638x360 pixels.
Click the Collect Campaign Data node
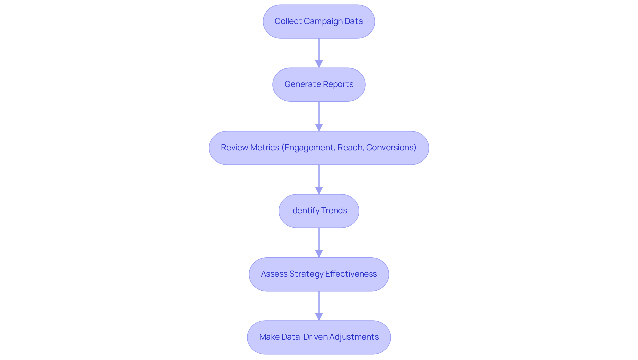pyautogui.click(x=319, y=21)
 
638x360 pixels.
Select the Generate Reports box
pyautogui.click(x=319, y=84)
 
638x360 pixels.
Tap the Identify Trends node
pyautogui.click(x=319, y=211)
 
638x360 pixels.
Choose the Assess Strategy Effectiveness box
pyautogui.click(x=319, y=274)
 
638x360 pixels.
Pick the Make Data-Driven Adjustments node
pyautogui.click(x=319, y=337)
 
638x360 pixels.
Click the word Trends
pyautogui.click(x=334, y=211)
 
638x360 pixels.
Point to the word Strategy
pyautogui.click(x=306, y=274)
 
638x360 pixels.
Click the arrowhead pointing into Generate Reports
pyautogui.click(x=319, y=64)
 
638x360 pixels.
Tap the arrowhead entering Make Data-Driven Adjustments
pyautogui.click(x=319, y=317)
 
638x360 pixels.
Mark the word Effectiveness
pyautogui.click(x=351, y=274)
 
